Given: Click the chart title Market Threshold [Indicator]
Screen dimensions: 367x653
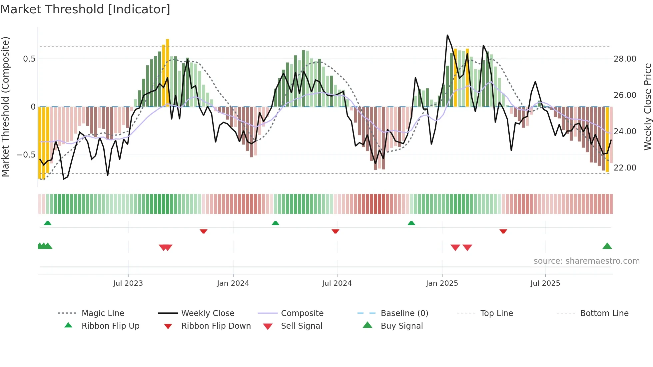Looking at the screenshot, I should click(x=85, y=9).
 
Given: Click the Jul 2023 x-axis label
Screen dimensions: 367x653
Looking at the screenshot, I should click(x=128, y=283).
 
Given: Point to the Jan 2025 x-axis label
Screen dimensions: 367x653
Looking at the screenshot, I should click(x=442, y=283).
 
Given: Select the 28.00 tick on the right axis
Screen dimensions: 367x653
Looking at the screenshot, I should click(x=625, y=59).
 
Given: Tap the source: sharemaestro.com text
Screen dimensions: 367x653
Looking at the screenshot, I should click(x=586, y=261).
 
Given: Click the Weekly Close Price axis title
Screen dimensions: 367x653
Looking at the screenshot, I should click(x=647, y=107).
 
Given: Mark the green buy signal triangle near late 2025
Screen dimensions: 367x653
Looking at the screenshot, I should click(x=607, y=246).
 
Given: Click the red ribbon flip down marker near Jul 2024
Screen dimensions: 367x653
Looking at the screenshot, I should click(x=335, y=231).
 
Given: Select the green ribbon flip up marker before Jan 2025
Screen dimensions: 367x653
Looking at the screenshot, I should click(x=411, y=223).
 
